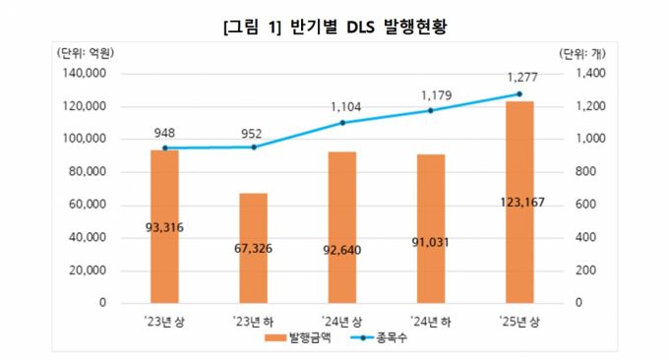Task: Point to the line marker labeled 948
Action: (x=165, y=148)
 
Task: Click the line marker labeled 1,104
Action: (x=342, y=123)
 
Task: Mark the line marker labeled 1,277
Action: (x=519, y=94)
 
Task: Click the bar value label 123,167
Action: (x=519, y=204)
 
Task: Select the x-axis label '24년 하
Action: (x=431, y=321)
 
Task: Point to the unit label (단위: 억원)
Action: (x=85, y=54)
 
